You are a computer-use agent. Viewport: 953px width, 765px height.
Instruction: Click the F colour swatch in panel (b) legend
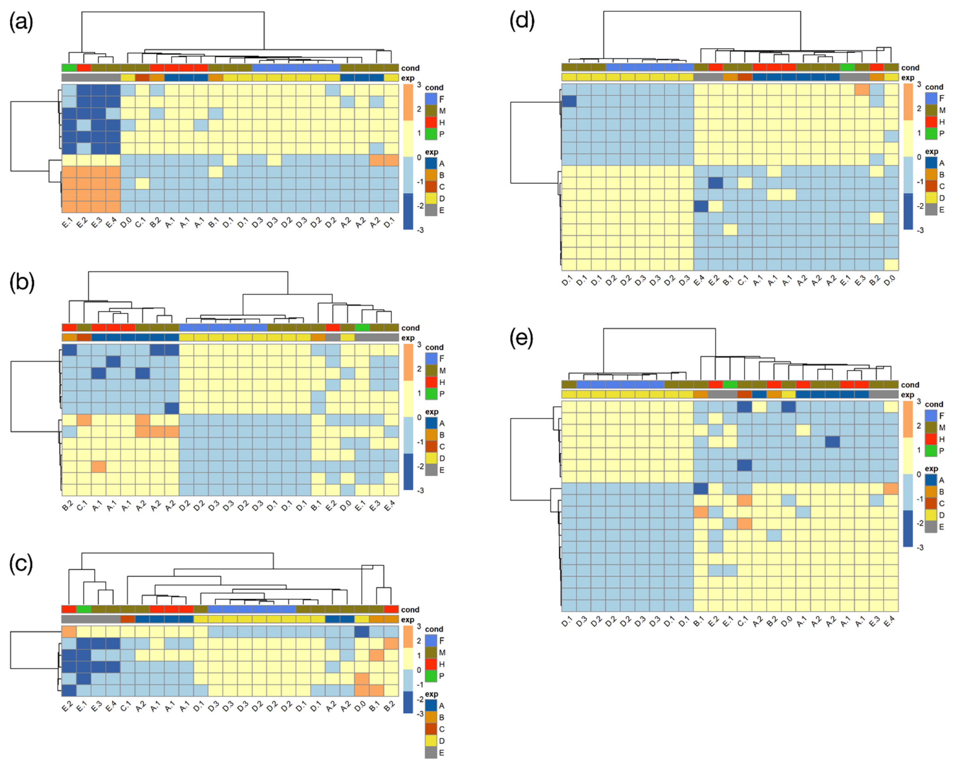click(x=431, y=359)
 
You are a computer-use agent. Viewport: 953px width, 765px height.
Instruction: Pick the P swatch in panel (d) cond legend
click(x=931, y=133)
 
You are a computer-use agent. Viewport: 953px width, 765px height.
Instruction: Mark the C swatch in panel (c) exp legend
click(x=431, y=729)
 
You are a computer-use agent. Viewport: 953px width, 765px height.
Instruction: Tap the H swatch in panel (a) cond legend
click(x=431, y=122)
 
